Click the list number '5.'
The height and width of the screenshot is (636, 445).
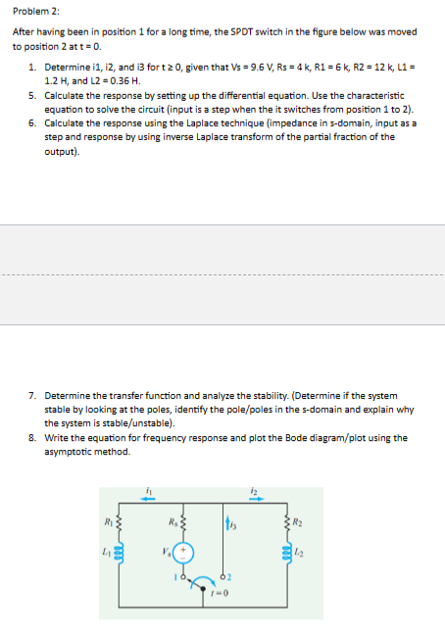(x=33, y=98)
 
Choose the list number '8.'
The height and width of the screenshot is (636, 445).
(x=33, y=438)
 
